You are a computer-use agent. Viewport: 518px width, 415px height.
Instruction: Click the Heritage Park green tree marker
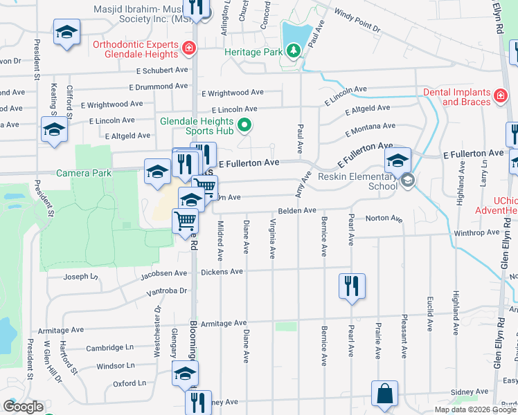coord(294,50)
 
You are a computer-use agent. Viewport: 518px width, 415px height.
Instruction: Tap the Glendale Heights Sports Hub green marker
coord(244,125)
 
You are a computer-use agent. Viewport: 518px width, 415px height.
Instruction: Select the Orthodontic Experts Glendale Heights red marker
coord(188,48)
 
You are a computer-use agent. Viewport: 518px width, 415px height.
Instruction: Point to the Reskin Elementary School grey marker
coord(408,181)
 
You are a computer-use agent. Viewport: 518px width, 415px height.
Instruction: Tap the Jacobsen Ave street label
coord(164,274)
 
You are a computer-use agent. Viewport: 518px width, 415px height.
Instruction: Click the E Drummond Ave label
coord(159,86)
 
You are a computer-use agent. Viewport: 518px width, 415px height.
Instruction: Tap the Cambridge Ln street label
coord(109,348)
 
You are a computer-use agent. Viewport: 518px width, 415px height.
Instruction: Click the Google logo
coord(23,407)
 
